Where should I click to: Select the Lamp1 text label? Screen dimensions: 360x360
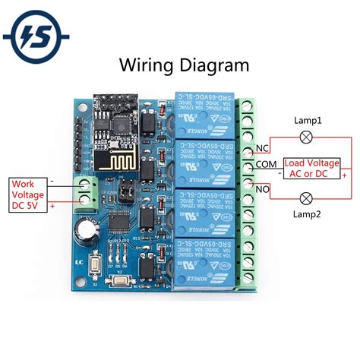308,120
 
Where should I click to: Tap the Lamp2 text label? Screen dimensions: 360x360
307,215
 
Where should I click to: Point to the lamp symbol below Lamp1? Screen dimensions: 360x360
307,137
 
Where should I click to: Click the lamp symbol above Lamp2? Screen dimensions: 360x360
307,198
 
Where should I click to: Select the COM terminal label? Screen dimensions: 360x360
267,164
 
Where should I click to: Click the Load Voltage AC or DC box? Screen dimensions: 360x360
311,168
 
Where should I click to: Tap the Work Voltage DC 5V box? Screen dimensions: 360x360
27,194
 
